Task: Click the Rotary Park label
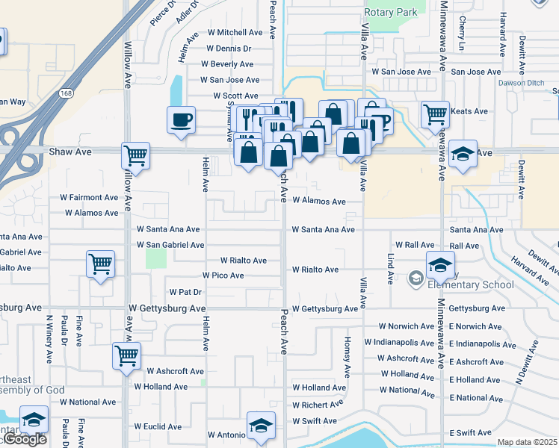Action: point(390,12)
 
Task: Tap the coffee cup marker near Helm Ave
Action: point(182,119)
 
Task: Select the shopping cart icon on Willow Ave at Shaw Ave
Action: point(135,156)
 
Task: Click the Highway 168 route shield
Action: point(67,93)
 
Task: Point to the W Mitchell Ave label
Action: point(235,33)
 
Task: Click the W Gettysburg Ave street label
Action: point(167,308)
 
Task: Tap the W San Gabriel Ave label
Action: point(170,245)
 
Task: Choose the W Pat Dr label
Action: point(185,291)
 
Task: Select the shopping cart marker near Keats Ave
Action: point(434,115)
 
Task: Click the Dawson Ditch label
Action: point(522,83)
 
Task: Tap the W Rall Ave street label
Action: point(415,245)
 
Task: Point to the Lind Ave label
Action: point(390,269)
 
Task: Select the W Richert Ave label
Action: point(318,405)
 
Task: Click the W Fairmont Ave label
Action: point(89,198)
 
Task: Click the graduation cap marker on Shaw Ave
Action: point(463,154)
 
